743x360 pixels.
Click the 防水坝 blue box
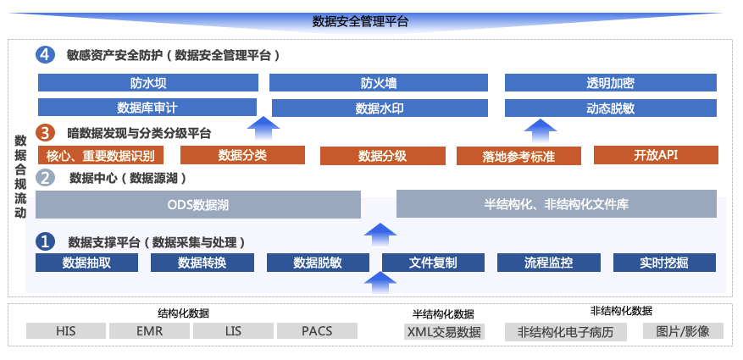147,83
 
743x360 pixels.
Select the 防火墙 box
378,83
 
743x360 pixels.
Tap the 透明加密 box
610,83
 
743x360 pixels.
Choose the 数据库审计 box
147,108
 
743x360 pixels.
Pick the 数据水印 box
379,108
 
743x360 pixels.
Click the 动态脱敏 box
610,108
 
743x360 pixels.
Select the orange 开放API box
656,155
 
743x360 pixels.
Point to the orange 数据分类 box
242,155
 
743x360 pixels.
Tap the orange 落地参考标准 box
518,156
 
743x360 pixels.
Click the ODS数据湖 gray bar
198,205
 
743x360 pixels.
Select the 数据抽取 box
86,263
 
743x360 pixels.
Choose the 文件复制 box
433,263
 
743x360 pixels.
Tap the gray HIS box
65,330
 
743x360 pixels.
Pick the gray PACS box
317,330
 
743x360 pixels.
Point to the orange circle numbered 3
46,133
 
